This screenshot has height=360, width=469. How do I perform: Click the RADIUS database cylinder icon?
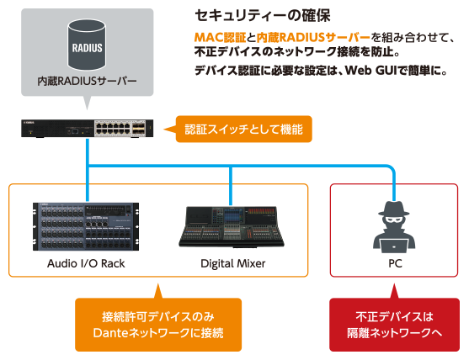[x=87, y=45]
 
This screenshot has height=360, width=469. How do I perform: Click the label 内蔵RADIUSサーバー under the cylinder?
[x=87, y=81]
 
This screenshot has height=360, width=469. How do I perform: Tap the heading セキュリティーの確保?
[x=263, y=15]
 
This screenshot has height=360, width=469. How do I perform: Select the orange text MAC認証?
[x=220, y=37]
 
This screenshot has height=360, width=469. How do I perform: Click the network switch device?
[x=87, y=129]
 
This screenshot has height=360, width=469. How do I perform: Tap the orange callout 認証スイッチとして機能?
[x=244, y=129]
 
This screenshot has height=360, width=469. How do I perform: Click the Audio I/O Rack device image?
[x=86, y=226]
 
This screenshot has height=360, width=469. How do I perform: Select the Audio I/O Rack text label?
[x=86, y=263]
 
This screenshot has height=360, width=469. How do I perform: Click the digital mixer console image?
[x=232, y=227]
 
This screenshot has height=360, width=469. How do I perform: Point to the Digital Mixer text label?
[x=232, y=263]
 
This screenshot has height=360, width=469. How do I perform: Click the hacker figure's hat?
[x=393, y=209]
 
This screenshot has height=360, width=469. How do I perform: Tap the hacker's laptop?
[x=393, y=246]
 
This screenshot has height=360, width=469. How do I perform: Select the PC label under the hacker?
[x=395, y=263]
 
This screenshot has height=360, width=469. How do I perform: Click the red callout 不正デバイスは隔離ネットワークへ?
[x=394, y=325]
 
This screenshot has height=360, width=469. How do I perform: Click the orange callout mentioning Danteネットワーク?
[x=158, y=325]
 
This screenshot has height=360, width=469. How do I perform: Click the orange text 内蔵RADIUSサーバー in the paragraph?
[x=313, y=37]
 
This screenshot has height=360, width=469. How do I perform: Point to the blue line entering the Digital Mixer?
[x=231, y=186]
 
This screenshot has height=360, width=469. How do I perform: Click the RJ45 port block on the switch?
[x=114, y=129]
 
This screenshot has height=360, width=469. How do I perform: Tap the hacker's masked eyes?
[x=393, y=220]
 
